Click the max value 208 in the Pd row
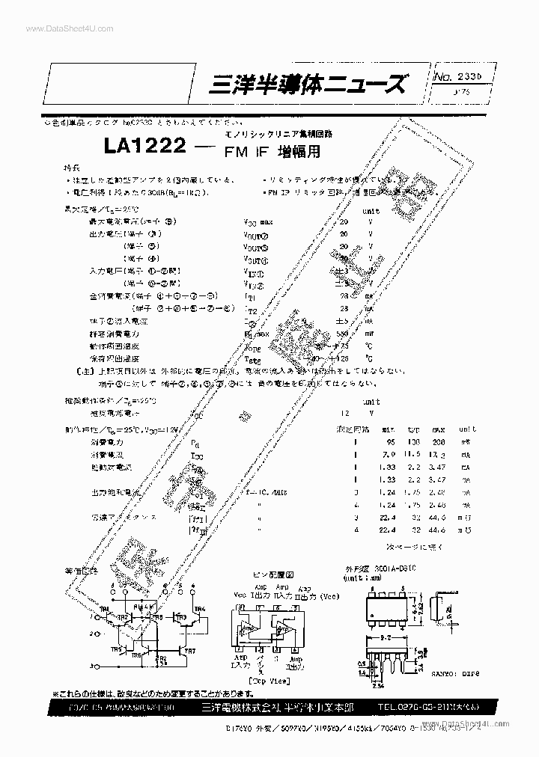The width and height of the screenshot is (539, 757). tap(438, 442)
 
